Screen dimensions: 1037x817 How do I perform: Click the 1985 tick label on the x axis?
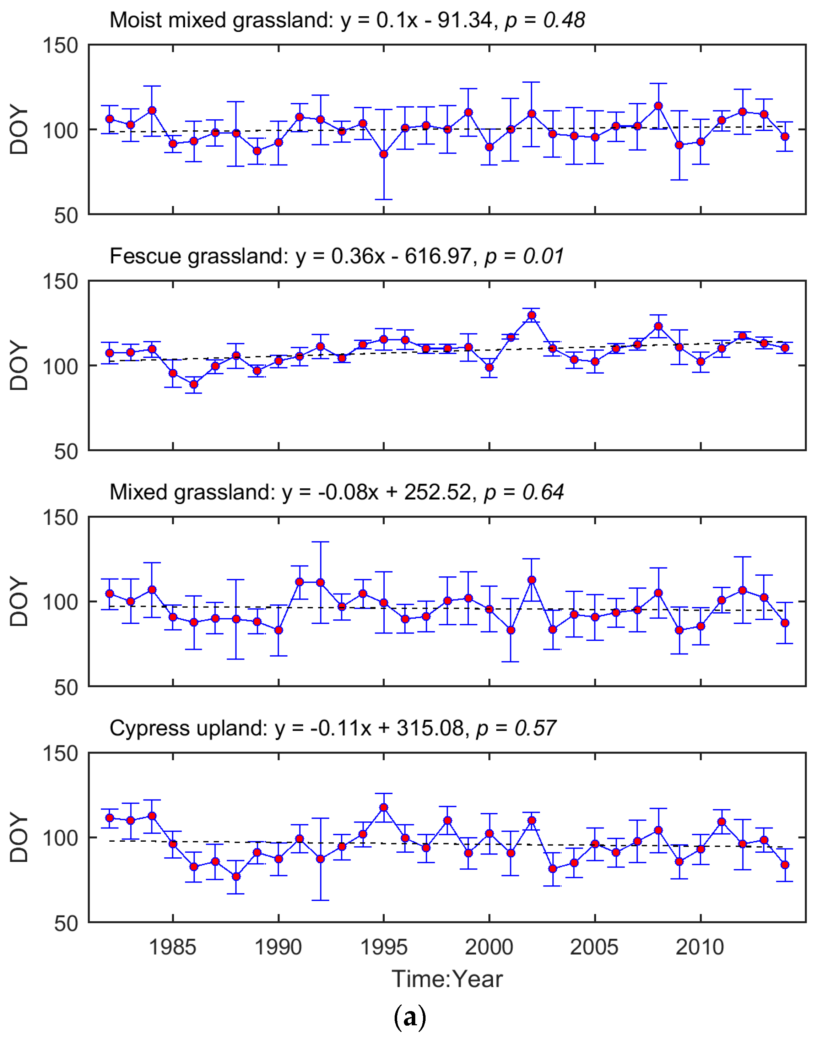point(173,947)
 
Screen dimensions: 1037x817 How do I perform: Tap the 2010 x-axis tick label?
point(700,947)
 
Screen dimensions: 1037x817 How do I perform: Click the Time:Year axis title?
point(447,979)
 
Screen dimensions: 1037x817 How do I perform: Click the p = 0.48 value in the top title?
point(545,21)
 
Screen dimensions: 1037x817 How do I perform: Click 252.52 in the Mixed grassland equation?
point(437,492)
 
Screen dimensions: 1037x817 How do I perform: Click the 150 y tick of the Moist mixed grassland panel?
point(60,46)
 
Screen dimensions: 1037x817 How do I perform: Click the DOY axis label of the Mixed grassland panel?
point(20,602)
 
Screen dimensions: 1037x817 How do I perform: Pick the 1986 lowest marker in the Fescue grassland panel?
point(194,384)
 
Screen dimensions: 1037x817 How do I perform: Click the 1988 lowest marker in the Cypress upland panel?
point(236,876)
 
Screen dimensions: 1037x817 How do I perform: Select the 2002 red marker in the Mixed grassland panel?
point(531,580)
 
